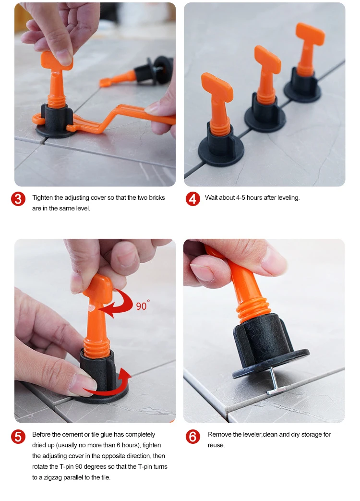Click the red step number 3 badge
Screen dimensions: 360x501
pyautogui.click(x=18, y=199)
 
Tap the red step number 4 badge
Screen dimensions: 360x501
pyautogui.click(x=193, y=199)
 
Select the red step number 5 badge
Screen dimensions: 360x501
pyautogui.click(x=18, y=437)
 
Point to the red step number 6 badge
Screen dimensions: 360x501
pyautogui.click(x=193, y=437)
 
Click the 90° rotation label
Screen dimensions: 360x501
pyautogui.click(x=143, y=305)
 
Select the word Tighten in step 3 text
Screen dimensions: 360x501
pyautogui.click(x=42, y=197)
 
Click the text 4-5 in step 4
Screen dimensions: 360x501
pyautogui.click(x=240, y=197)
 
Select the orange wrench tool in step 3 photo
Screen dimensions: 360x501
pyautogui.click(x=105, y=118)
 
